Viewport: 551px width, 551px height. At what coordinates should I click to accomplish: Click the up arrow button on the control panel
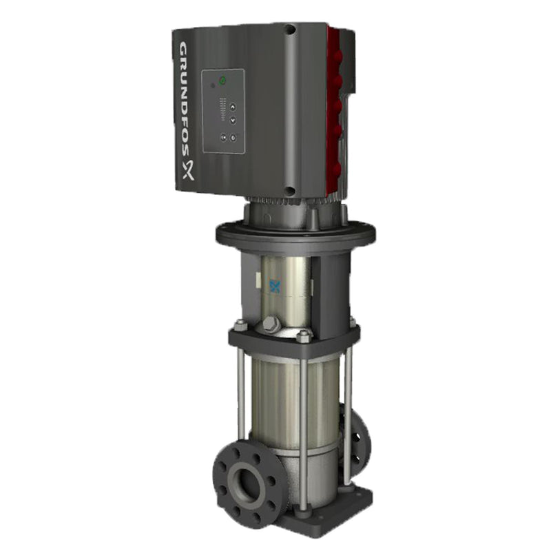[x=232, y=107]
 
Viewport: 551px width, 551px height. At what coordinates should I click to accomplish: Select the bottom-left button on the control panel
[x=222, y=137]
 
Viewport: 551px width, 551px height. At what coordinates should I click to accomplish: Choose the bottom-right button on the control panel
[x=233, y=138]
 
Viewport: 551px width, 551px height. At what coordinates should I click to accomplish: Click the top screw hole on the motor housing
[x=290, y=30]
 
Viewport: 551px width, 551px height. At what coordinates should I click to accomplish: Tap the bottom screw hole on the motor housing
[x=291, y=191]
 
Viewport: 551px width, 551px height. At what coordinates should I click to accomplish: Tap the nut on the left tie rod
[x=240, y=324]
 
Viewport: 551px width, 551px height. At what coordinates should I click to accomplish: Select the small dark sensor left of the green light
[x=213, y=86]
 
